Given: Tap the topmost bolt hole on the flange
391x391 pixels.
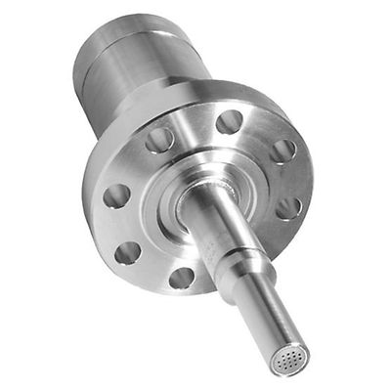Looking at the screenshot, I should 230,121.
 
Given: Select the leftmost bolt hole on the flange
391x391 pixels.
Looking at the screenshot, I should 116,195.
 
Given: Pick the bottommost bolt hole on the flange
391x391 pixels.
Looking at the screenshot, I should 182,277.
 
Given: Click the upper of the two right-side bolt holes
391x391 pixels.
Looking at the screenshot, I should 282,151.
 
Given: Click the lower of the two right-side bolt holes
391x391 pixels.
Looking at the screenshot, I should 288,207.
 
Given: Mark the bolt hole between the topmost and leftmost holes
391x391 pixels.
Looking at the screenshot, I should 159,140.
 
